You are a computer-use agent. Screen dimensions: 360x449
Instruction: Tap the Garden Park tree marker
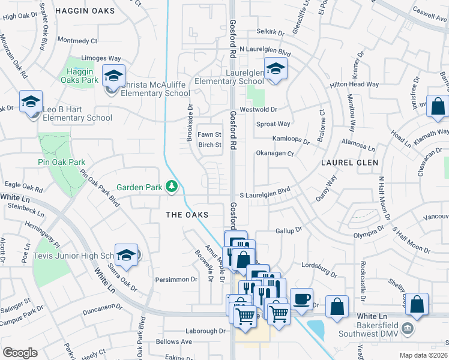[172, 187]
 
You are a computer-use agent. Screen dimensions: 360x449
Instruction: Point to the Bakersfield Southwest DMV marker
[408, 329]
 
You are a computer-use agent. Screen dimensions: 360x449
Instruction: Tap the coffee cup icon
[301, 299]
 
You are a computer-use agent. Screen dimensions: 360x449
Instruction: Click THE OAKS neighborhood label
[187, 215]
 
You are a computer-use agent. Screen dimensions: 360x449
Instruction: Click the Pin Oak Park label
[62, 162]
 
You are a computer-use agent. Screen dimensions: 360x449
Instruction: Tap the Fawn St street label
[210, 134]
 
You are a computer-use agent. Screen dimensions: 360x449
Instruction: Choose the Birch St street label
[210, 145]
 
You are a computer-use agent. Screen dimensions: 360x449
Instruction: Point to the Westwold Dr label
[258, 110]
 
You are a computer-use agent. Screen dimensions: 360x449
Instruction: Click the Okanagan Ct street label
[274, 154]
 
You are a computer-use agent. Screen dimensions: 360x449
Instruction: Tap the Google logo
[20, 353]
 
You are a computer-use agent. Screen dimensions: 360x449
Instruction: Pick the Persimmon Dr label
[177, 280]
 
